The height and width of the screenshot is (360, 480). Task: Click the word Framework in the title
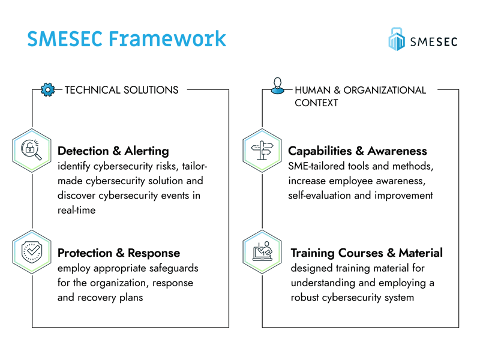pos(167,38)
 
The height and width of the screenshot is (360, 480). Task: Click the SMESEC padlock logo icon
pos(397,39)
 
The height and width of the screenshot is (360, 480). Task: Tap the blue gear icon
pos(47,89)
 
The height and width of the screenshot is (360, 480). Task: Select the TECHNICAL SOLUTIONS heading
pos(122,90)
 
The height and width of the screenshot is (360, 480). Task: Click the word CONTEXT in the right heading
pos(316,103)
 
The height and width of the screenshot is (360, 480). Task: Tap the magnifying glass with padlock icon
pos(32,149)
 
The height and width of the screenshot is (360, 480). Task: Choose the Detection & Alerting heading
pos(113,151)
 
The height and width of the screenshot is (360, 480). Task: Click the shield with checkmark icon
pos(32,252)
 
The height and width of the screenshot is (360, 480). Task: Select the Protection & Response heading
pos(119,253)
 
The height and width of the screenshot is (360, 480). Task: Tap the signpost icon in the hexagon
pos(262,150)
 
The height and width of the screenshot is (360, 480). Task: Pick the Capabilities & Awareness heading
pos(358,151)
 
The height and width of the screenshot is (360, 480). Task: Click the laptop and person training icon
pos(262,251)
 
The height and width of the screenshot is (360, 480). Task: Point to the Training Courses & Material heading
pos(367,253)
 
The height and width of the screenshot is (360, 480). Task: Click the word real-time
pos(77,210)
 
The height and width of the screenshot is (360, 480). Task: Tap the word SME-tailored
pos(317,166)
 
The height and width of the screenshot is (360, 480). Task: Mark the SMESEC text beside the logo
pos(434,41)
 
